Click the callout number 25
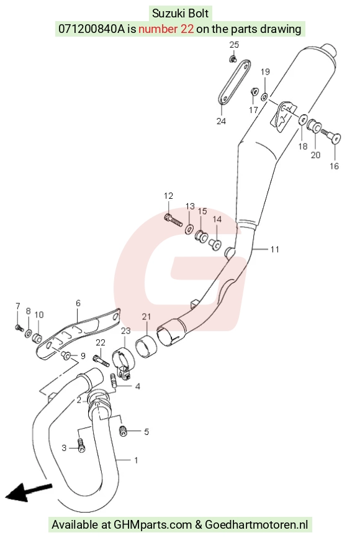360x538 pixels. click(x=234, y=45)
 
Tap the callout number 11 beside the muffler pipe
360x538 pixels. click(x=274, y=249)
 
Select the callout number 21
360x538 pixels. click(x=146, y=316)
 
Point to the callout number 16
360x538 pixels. click(x=334, y=166)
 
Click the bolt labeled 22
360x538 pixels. click(x=101, y=360)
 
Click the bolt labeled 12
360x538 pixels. click(x=173, y=220)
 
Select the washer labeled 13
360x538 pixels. click(x=189, y=229)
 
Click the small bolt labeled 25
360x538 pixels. click(x=233, y=59)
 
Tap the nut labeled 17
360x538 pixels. click(x=254, y=93)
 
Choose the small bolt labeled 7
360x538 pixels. click(x=19, y=327)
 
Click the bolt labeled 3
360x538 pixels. click(x=81, y=445)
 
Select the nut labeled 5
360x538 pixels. click(x=123, y=431)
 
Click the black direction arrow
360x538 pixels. click(x=28, y=491)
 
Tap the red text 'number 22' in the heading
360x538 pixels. click(x=166, y=29)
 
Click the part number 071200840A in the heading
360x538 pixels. click(x=92, y=29)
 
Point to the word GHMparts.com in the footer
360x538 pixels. click(x=153, y=524)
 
